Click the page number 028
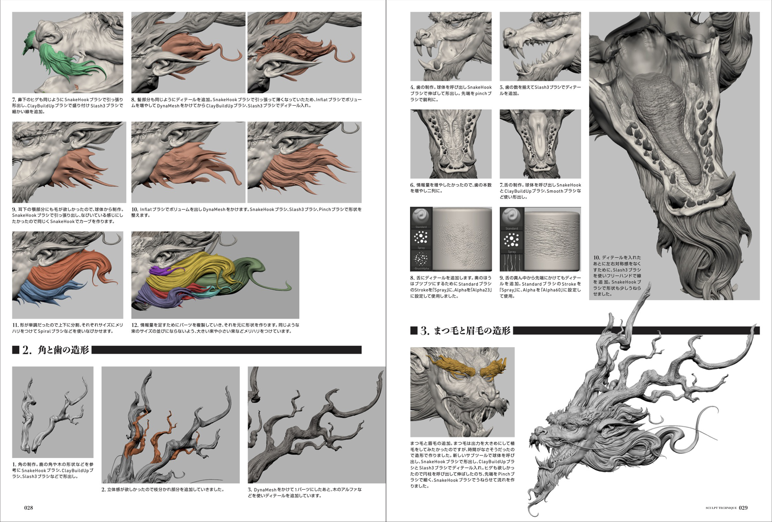pyautogui.click(x=29, y=507)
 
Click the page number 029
pyautogui.click(x=743, y=507)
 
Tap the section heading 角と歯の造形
pyautogui.click(x=63, y=350)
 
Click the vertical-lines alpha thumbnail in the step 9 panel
pyautogui.click(x=511, y=263)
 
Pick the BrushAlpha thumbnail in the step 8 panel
pyautogui.click(x=421, y=259)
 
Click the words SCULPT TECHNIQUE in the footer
pyautogui.click(x=721, y=508)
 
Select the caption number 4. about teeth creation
pyautogui.click(x=412, y=87)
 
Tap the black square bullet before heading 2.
pyautogui.click(x=16, y=350)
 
